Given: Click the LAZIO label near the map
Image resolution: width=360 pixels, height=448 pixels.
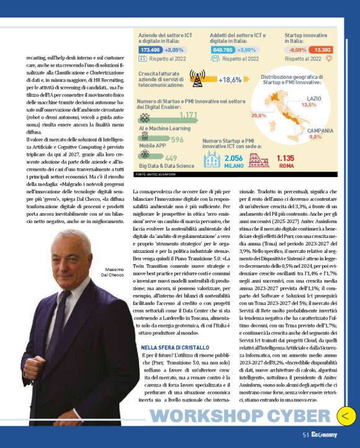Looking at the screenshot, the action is pos(314,99).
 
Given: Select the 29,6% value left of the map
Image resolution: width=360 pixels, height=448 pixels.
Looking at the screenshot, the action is pos(259,115).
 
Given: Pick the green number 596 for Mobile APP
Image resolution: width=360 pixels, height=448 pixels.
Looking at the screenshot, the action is pos(177,140).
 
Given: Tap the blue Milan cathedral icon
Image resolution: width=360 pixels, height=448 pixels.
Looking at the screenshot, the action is pos(212,160).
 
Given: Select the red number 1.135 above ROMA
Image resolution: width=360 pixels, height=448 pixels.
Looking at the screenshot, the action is pos(286,158).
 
